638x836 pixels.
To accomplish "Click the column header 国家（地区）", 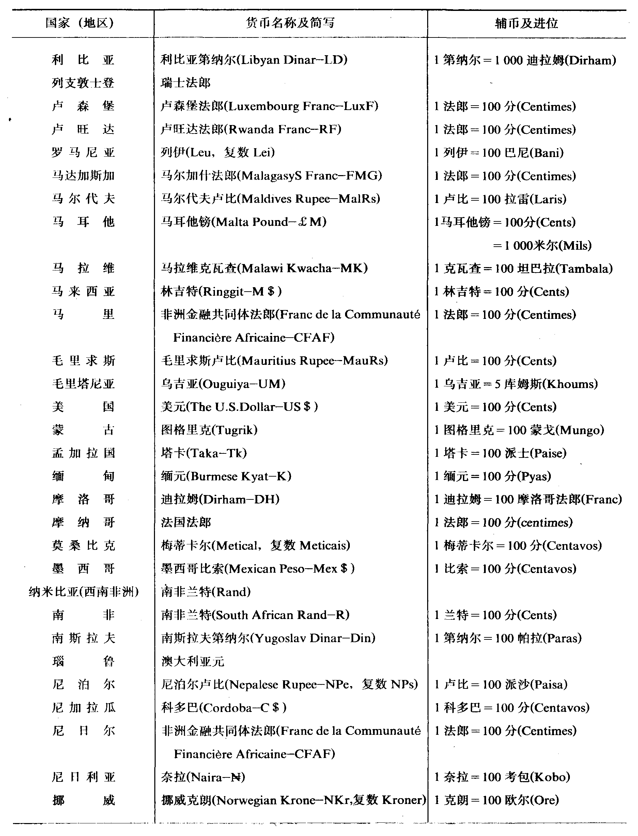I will coord(79,24).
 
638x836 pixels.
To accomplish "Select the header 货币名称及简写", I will coord(291,23).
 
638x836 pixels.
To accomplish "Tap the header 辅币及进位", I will coord(526,24).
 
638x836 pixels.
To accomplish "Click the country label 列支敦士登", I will coord(83,83).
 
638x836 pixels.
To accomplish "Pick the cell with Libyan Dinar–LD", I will coord(254,60).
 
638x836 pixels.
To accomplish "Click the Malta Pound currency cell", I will coord(244,222).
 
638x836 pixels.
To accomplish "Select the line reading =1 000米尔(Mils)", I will coord(542,245).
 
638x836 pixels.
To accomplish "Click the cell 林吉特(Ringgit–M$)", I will coord(221,291).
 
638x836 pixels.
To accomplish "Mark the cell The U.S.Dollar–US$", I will coord(239,407).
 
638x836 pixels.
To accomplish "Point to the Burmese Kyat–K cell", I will coord(226,476).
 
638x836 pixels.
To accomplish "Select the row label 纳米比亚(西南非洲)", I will coord(83,592).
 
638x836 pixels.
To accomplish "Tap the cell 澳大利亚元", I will coord(192,661).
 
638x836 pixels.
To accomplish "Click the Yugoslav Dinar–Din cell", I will coord(268,638).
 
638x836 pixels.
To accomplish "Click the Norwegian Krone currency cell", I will coord(293,800).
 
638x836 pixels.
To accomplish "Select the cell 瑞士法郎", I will coord(185,83).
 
